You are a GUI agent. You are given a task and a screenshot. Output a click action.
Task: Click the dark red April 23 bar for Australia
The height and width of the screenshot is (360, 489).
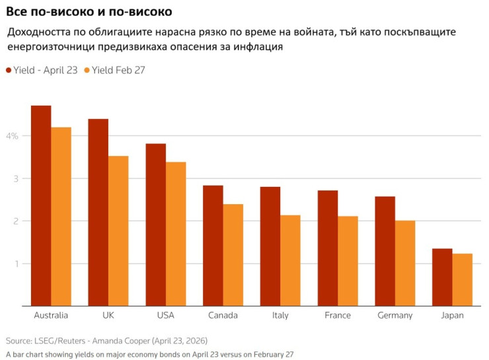click(x=41, y=205)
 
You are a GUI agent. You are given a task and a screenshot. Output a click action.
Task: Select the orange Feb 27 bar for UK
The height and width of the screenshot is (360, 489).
click(x=118, y=231)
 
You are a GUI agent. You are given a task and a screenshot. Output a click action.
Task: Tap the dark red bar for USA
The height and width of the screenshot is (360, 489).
click(x=155, y=225)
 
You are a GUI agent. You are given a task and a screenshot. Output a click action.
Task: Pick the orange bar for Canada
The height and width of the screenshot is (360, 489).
click(x=233, y=255)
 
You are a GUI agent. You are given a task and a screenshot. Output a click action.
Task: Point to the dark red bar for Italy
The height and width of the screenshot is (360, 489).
click(x=270, y=246)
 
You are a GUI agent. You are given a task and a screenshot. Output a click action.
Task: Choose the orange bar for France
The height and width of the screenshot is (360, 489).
click(x=348, y=261)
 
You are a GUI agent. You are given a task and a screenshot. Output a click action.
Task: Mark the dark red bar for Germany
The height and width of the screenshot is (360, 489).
click(x=385, y=251)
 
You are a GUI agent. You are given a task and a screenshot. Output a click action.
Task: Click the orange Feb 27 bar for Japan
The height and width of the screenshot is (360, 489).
click(x=462, y=280)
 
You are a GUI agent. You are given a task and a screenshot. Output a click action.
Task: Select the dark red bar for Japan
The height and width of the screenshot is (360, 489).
click(x=442, y=277)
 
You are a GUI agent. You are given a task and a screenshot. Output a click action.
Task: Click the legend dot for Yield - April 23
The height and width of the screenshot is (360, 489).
click(x=9, y=71)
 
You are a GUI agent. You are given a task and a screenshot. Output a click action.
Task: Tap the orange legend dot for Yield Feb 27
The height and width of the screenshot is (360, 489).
click(x=87, y=71)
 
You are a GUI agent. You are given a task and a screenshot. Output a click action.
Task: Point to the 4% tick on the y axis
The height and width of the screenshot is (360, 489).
click(x=12, y=136)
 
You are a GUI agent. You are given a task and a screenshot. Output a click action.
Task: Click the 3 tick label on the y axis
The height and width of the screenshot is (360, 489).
click(x=16, y=178)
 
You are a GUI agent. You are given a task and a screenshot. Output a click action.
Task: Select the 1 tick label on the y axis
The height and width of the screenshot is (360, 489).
click(x=17, y=264)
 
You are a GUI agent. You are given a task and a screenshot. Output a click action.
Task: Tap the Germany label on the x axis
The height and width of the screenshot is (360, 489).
click(x=395, y=316)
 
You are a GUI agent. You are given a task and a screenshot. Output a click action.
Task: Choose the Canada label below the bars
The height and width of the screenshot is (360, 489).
click(x=223, y=315)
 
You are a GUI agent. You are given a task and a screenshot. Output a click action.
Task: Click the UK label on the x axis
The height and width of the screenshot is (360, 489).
click(x=108, y=315)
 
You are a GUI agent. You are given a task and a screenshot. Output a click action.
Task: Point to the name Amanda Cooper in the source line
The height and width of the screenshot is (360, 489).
click(x=121, y=341)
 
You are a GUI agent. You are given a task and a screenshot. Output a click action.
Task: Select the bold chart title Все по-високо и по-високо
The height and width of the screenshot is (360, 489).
click(x=89, y=11)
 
